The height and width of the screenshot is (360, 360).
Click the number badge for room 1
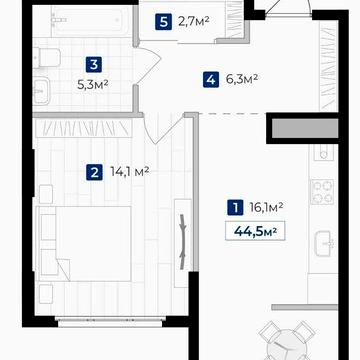pyautogui.click(x=236, y=207)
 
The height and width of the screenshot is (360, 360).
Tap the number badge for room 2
pyautogui.click(x=94, y=173)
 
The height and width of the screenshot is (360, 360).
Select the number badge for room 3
pyautogui.click(x=94, y=64)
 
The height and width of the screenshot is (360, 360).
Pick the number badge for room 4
pyautogui.click(x=211, y=80)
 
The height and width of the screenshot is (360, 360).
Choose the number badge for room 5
pyautogui.click(x=163, y=22)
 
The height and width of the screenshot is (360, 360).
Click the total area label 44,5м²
pyautogui.click(x=255, y=230)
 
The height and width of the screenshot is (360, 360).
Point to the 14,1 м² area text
pyautogui.click(x=129, y=172)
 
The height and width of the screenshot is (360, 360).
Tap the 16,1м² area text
pyautogui.click(x=266, y=207)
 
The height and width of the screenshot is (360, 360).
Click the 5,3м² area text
pyautogui.click(x=92, y=85)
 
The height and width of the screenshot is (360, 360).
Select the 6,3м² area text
pyautogui.click(x=242, y=79)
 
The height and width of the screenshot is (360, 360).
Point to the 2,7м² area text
pyautogui.click(x=193, y=21)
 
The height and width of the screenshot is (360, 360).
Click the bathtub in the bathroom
pyautogui.click(x=91, y=21)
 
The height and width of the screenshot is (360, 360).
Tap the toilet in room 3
pyautogui.click(x=47, y=58)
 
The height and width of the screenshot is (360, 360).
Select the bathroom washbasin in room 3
pyautogui.click(x=41, y=91)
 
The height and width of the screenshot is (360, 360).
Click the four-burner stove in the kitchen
pyautogui.click(x=322, y=192)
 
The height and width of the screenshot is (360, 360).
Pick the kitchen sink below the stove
pyautogui.click(x=323, y=244)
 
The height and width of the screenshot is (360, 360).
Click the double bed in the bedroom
pyautogui.click(x=85, y=244)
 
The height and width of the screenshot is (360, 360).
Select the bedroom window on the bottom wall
pyautogui.click(x=110, y=322)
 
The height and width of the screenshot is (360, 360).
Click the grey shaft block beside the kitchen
pyautogui.click(x=305, y=128)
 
